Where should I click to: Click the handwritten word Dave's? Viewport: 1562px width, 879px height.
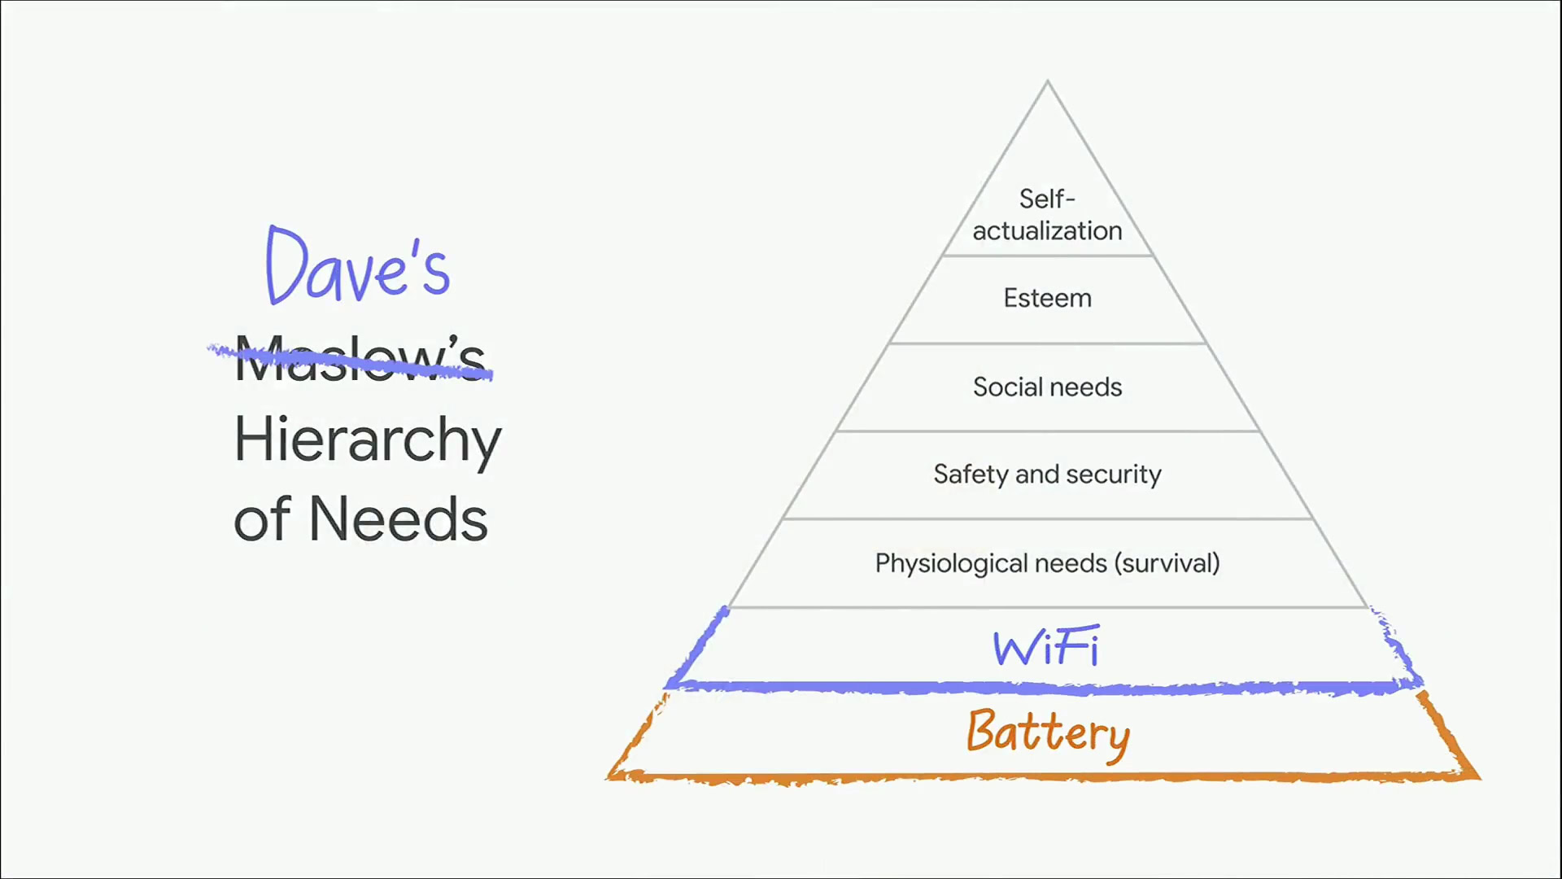click(358, 266)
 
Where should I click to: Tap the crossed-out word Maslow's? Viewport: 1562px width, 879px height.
click(360, 359)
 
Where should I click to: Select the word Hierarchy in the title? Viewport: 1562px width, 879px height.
click(368, 439)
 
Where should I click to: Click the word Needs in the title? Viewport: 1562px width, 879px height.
click(399, 519)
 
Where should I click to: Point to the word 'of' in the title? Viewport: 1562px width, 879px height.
click(262, 519)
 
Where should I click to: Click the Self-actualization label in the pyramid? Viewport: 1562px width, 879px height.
click(1047, 215)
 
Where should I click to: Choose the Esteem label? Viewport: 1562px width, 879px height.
click(1047, 298)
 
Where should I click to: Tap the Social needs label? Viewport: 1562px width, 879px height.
click(1047, 387)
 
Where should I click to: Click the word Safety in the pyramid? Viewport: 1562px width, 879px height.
click(971, 474)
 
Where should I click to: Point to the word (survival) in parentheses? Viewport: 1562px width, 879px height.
click(1167, 563)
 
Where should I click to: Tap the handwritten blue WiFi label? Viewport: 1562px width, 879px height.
click(1046, 648)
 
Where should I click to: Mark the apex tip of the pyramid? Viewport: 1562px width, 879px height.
click(1048, 81)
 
